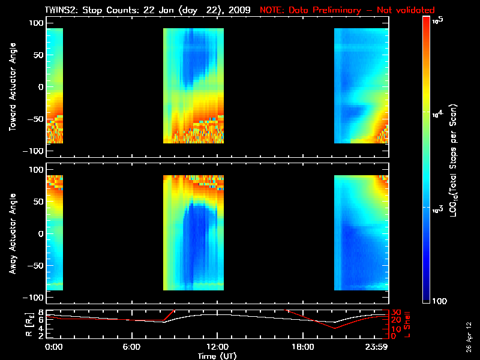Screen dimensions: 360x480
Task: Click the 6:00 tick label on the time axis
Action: pos(131,347)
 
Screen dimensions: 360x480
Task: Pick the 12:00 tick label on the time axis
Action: pos(217,347)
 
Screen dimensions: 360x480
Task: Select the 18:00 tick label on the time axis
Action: pos(303,347)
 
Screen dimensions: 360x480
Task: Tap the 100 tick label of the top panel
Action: pos(36,22)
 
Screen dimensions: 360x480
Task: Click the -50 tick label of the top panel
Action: pos(34,119)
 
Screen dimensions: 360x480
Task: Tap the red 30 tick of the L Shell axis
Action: pos(396,313)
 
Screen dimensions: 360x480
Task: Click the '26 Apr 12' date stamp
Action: pos(470,334)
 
